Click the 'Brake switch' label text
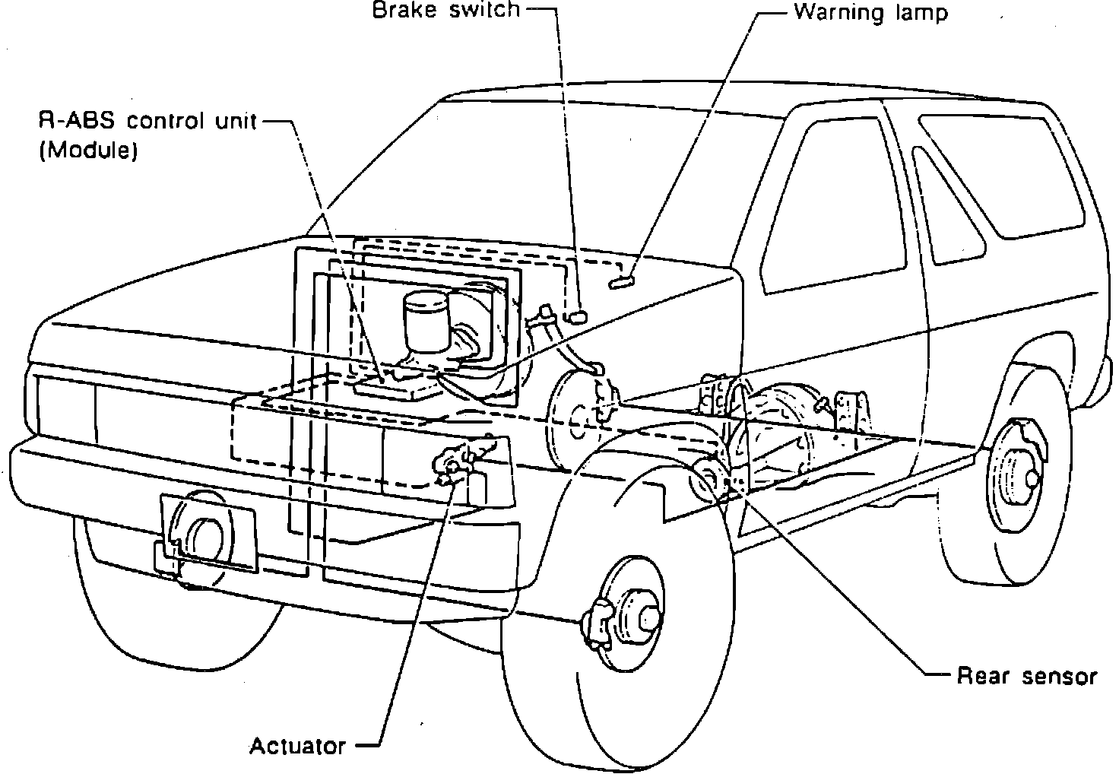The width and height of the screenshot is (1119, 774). (x=446, y=9)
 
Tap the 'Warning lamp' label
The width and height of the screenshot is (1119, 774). (x=870, y=12)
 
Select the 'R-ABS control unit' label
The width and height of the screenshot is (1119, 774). (x=148, y=121)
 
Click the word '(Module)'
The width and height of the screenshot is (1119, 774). (x=88, y=150)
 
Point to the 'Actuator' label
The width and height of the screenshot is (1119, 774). (x=298, y=746)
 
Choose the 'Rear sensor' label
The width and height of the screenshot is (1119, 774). (x=1026, y=676)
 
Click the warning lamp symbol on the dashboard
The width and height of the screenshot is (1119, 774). (x=621, y=282)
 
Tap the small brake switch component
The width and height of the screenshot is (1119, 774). (x=575, y=317)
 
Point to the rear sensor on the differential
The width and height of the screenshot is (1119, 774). (x=709, y=479)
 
